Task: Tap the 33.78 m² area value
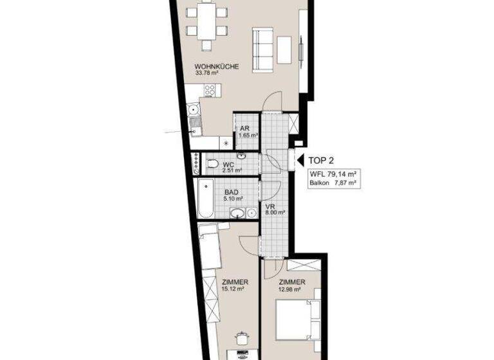click(206, 73)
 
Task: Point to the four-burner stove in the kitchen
click(210, 91)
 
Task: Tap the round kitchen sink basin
click(194, 110)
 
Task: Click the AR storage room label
click(244, 129)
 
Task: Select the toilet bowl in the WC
click(212, 165)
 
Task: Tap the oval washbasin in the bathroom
click(237, 213)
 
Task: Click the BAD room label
click(232, 192)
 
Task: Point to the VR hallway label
click(271, 206)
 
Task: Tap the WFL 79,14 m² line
click(333, 174)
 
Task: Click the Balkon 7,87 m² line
click(333, 183)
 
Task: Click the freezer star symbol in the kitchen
click(225, 143)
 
